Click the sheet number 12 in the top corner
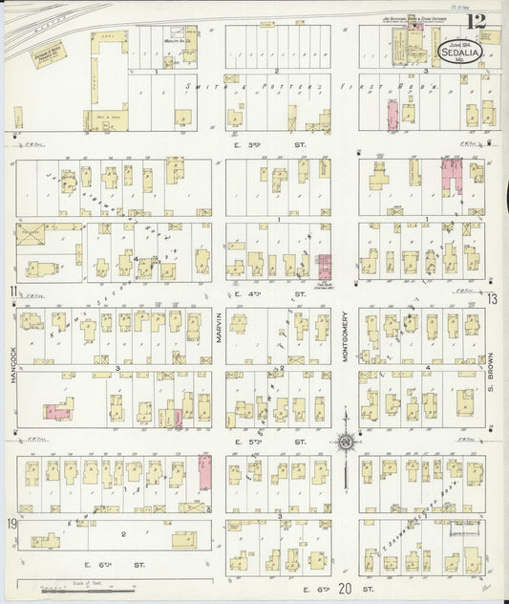click(475, 19)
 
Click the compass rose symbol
click(345, 442)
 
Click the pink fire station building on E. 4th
click(325, 268)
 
